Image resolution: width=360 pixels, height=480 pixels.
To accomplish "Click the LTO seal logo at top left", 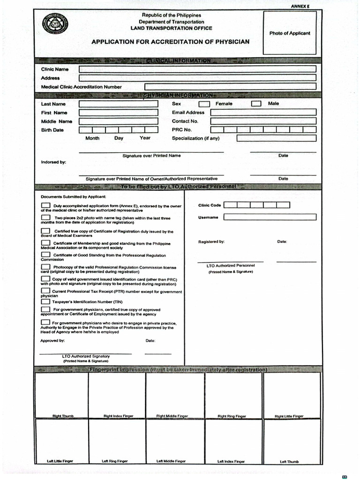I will (x=54, y=24).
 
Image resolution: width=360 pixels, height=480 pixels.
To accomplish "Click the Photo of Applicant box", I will (x=289, y=33).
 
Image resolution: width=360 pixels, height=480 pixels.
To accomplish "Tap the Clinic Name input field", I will (x=197, y=69).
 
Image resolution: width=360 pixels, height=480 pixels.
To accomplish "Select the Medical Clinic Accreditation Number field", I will (x=230, y=87).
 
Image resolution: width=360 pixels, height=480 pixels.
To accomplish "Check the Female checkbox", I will (x=204, y=104).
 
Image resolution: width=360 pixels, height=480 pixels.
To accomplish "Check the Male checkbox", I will (x=256, y=104).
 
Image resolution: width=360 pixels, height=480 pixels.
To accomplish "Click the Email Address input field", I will (x=263, y=112).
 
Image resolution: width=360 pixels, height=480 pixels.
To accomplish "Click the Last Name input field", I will (x=118, y=104).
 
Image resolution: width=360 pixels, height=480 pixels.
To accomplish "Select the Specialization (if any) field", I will (x=276, y=138).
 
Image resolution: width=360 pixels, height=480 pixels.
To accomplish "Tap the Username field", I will (x=270, y=217).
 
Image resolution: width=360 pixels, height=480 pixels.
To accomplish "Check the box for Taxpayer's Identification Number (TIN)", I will (x=45, y=302).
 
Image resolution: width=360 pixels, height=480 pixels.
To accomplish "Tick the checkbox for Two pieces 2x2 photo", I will (x=45, y=218).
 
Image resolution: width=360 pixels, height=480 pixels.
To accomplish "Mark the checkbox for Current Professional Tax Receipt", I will (x=45, y=292).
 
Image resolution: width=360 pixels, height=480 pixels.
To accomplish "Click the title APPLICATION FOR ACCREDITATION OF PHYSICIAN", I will (x=170, y=42).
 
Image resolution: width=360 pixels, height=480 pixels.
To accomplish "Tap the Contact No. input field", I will (x=263, y=121).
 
